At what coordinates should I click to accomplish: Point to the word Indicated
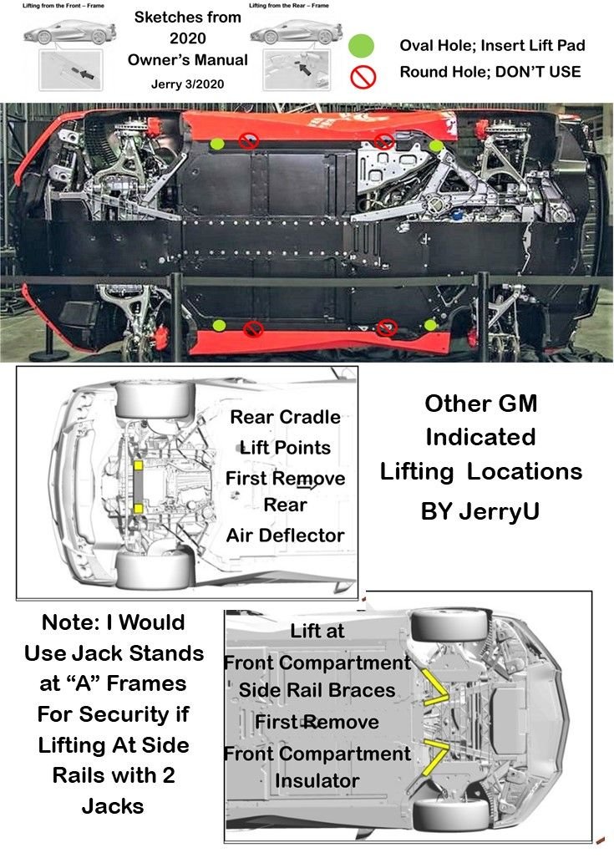click(480, 437)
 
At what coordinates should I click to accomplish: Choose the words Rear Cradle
click(285, 417)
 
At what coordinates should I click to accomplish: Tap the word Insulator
click(317, 781)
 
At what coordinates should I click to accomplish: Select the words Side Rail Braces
click(317, 691)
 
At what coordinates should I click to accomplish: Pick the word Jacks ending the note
click(113, 806)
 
